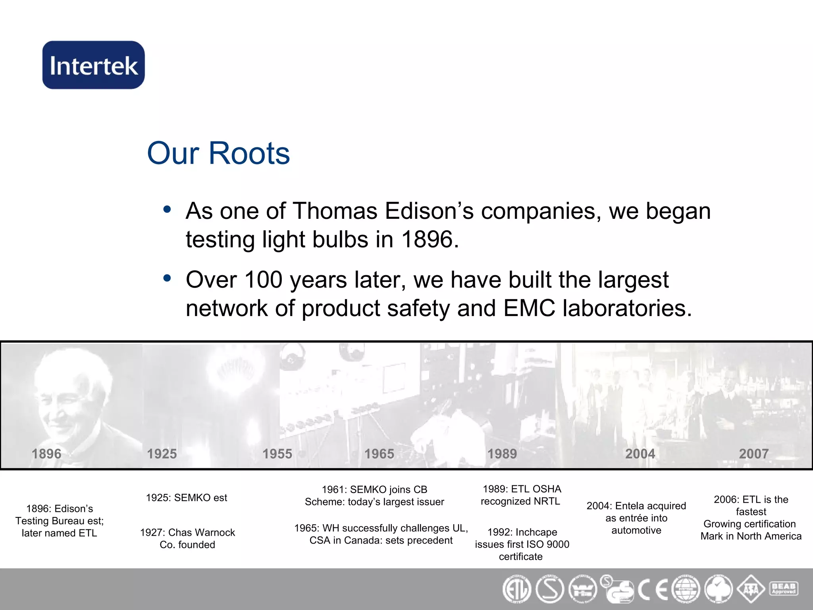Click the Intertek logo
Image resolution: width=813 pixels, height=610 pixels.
pos(94,65)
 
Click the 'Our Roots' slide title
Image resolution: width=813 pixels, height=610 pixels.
pos(218,153)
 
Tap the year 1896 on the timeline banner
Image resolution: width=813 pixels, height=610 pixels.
pos(46,454)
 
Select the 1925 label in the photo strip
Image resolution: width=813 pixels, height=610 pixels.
pos(162,454)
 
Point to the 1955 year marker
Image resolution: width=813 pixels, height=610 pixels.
pos(277,454)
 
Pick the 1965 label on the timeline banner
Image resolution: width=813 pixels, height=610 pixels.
pos(379,454)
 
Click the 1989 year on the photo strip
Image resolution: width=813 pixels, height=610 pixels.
pos(502,454)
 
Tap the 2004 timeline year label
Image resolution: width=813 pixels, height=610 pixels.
pos(640,454)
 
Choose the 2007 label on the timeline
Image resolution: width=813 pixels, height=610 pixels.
pos(753,454)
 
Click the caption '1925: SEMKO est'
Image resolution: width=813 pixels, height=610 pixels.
pos(187,498)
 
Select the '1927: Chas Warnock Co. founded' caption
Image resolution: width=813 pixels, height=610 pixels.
pos(187,539)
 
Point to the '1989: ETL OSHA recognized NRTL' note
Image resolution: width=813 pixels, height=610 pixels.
pos(521,495)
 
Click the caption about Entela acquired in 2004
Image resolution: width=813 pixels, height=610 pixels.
pos(636,518)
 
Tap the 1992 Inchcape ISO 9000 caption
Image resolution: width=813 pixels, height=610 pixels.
pos(522,544)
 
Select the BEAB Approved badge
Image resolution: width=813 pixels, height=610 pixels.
pos(784,589)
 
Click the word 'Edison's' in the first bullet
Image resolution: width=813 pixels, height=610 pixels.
pos(429,211)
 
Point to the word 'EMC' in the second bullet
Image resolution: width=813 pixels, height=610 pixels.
pos(529,308)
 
